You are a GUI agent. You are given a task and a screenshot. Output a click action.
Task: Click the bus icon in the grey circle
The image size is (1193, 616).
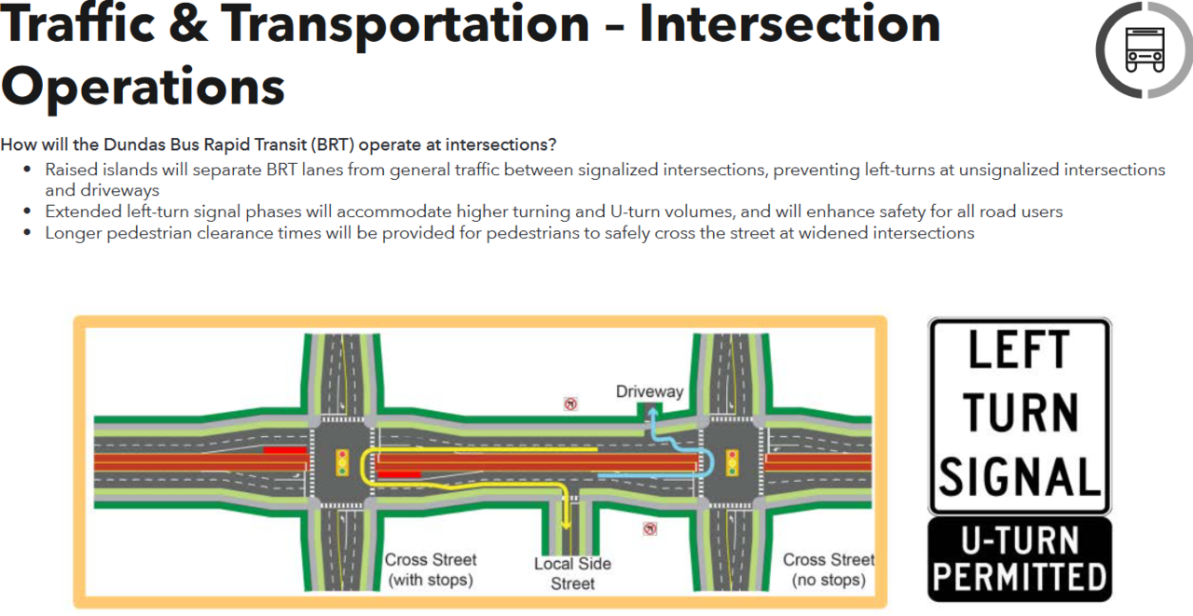click(x=1144, y=49)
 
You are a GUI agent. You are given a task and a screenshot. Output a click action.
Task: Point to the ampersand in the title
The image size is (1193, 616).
click(x=189, y=25)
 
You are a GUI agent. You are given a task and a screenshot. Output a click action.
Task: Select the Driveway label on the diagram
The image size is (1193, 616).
click(x=650, y=391)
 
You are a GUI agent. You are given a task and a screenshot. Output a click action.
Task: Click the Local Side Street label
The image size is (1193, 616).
click(x=572, y=573)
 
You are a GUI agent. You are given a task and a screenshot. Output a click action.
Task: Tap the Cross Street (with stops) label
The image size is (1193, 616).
click(x=431, y=569)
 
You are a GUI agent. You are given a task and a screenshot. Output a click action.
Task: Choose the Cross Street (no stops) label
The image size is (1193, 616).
click(x=829, y=569)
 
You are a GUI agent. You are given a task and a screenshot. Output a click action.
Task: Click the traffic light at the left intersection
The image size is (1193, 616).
click(x=342, y=462)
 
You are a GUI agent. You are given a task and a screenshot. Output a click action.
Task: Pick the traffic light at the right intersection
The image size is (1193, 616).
click(x=733, y=462)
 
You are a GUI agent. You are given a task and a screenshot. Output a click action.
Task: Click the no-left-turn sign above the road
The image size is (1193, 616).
click(x=569, y=404)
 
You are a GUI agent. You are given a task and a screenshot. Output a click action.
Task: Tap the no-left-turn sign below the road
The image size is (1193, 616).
click(x=650, y=528)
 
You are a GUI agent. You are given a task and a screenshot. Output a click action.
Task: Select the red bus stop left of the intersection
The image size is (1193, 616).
click(x=284, y=450)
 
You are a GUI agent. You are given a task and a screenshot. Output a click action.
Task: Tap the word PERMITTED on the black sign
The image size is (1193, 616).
click(x=1020, y=577)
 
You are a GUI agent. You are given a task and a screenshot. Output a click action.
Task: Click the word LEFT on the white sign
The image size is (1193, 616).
click(x=1020, y=351)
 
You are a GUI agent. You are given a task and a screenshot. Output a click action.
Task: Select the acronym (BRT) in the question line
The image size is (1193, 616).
click(x=329, y=144)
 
